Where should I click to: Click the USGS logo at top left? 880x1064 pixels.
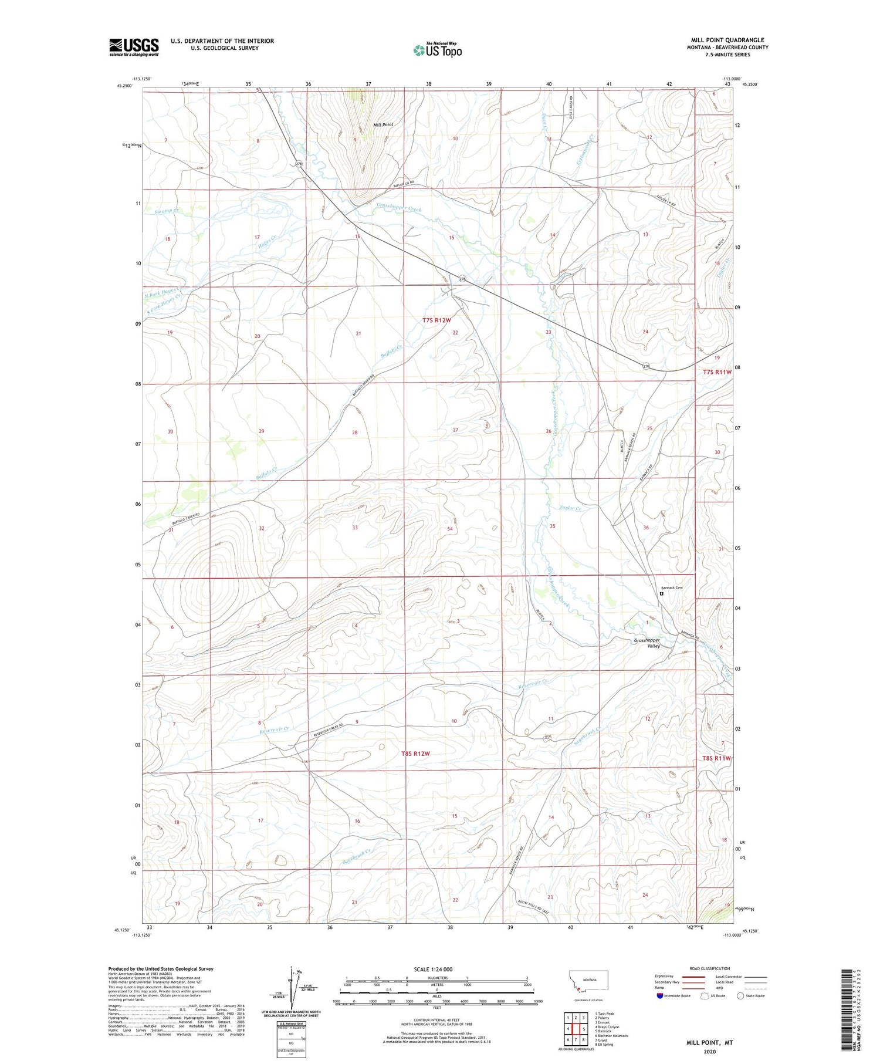click(134, 47)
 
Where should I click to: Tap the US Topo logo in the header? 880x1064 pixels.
click(438, 50)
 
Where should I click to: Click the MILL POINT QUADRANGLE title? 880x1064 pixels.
click(727, 40)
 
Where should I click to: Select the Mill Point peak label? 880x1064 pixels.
click(384, 125)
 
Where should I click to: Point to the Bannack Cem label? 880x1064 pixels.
click(672, 587)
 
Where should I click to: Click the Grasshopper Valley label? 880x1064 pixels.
click(647, 643)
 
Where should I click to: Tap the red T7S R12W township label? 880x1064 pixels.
click(436, 320)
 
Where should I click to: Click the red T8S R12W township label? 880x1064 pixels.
click(416, 754)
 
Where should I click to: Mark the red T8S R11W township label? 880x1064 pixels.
click(716, 758)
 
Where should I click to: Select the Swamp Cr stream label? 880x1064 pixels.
click(167, 211)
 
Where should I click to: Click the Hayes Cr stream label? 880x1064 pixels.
click(268, 241)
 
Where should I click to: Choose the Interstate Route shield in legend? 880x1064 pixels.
click(660, 996)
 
